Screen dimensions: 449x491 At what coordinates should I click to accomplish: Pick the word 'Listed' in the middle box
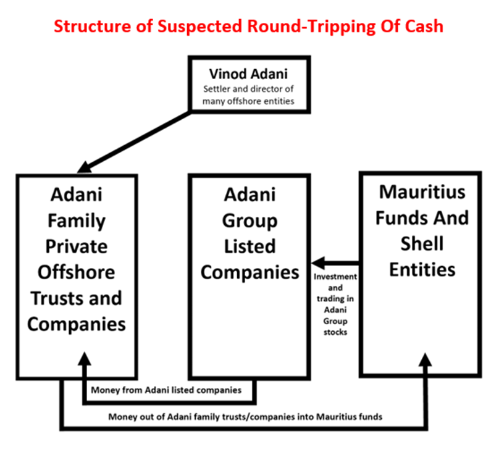coord(246,246)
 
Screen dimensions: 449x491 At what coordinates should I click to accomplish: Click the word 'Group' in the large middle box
coord(246,220)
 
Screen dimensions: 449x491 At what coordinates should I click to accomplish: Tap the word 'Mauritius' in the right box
coord(423,191)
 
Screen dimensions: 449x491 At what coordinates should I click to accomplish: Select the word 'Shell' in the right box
coord(423,243)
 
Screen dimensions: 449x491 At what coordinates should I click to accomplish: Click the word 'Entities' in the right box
coord(423,269)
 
